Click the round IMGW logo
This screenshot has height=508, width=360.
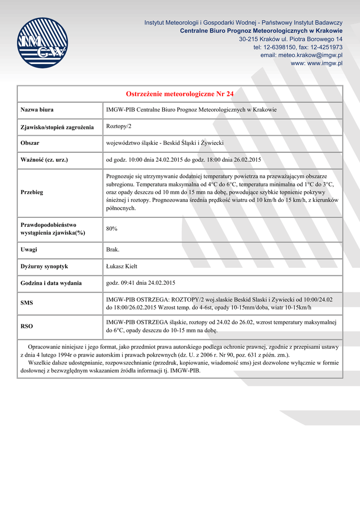[x=42, y=43]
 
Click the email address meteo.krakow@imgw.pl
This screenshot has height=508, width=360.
[x=301, y=55]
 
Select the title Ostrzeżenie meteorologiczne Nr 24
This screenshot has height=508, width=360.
[x=180, y=94]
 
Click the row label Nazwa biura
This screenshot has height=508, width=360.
[x=37, y=110]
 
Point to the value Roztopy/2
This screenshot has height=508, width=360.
[x=119, y=127]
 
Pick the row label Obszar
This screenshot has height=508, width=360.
[x=30, y=143]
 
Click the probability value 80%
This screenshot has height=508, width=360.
[x=112, y=229]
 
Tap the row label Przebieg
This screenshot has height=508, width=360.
[x=32, y=192]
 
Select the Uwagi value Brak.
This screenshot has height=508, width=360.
[x=113, y=250]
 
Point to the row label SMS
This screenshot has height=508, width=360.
[x=27, y=302]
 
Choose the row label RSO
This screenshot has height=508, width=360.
[x=27, y=326]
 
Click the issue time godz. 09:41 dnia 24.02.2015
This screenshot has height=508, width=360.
[x=141, y=283]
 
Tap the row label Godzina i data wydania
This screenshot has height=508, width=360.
[x=51, y=283]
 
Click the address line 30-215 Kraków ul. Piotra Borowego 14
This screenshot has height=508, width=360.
[x=290, y=39]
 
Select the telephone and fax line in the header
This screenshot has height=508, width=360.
[x=297, y=47]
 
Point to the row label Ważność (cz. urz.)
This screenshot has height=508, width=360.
[x=44, y=160]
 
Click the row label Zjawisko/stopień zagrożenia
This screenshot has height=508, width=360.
[x=57, y=127]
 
